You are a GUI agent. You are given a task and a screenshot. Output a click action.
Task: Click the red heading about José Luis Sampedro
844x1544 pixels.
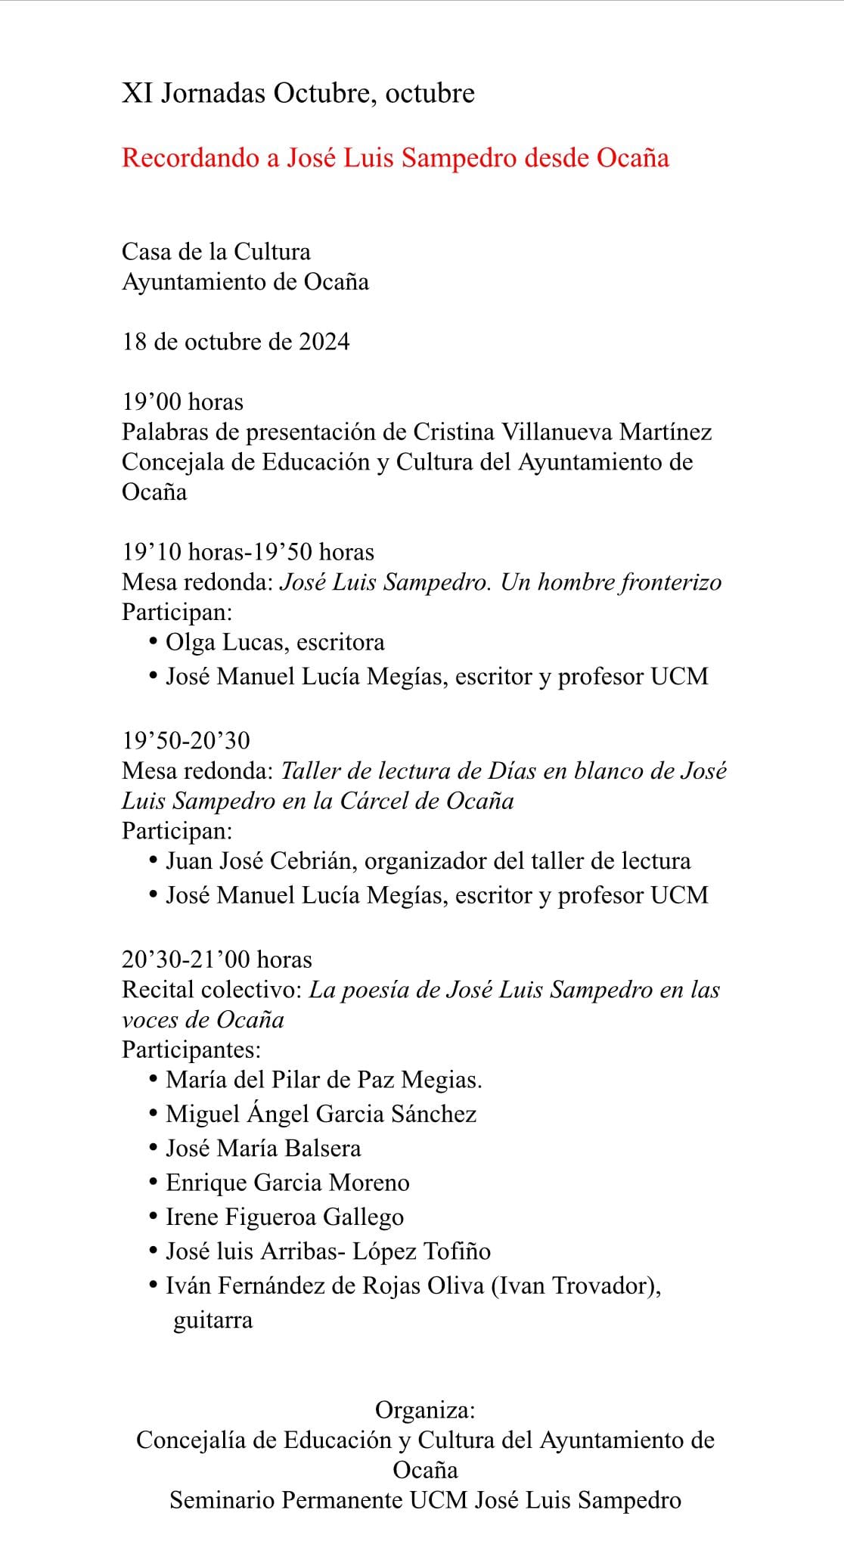point(396,158)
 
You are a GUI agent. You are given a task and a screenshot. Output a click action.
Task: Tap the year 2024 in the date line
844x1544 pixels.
point(324,342)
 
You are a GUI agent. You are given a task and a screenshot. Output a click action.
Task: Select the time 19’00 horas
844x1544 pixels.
point(183,402)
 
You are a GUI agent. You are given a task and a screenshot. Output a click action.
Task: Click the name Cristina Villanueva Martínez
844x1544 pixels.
point(562,432)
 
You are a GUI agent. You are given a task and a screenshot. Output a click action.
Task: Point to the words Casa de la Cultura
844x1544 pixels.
point(216,251)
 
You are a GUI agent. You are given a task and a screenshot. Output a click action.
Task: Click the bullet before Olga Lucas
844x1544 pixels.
point(154,642)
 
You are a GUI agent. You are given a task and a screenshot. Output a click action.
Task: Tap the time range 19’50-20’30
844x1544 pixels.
point(186,740)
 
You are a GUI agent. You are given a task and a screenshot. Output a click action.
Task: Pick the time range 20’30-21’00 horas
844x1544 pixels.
point(217,960)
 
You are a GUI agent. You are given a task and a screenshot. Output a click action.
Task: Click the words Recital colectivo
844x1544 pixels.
point(212,990)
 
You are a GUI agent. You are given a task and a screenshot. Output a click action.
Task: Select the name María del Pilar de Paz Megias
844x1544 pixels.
point(324,1079)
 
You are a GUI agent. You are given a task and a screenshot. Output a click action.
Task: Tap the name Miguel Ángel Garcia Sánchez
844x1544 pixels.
point(321,1114)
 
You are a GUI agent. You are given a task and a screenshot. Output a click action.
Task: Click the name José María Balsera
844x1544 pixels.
point(263,1148)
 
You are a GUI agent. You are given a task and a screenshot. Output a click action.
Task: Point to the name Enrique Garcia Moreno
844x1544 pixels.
point(287,1183)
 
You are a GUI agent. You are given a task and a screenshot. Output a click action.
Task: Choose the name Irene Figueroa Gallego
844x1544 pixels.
point(284,1217)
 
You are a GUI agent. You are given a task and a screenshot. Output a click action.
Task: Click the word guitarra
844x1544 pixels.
point(213,1320)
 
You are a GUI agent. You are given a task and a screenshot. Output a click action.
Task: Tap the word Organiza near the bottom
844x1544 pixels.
point(424,1410)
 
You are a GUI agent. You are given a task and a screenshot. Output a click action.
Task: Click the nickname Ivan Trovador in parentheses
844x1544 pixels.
point(576,1285)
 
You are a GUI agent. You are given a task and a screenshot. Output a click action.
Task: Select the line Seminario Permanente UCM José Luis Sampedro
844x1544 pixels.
point(425,1500)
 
